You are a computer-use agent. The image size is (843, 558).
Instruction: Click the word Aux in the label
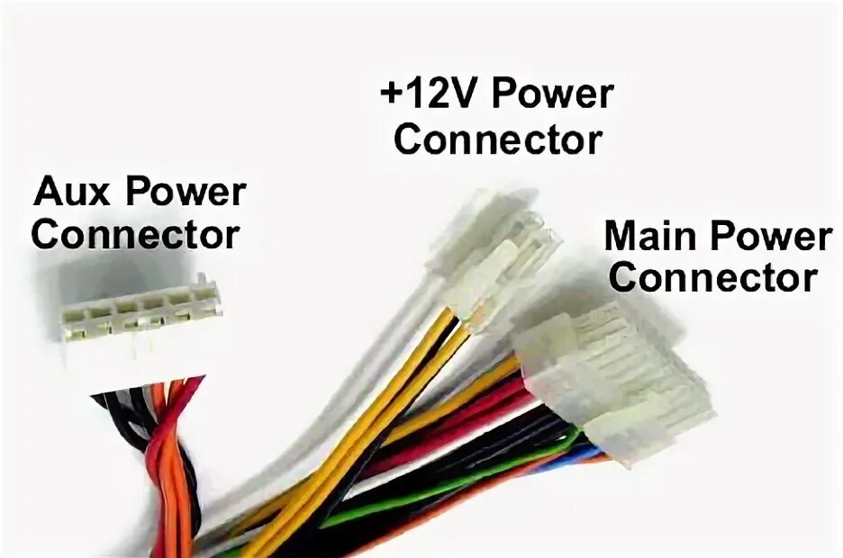pos(73,192)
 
